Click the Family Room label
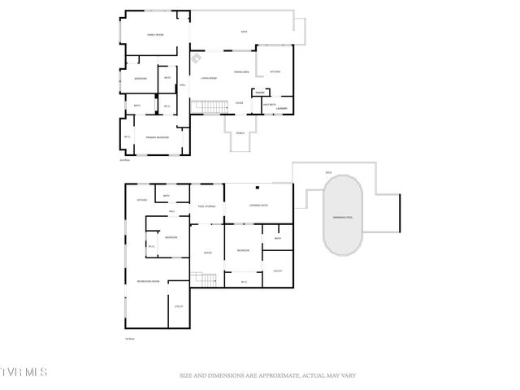156,35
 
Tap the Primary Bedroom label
157,138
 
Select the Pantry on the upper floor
262,93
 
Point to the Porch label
240,132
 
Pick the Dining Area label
241,72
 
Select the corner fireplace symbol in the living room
197,58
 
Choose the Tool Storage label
206,206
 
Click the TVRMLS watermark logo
24,372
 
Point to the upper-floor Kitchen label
275,72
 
